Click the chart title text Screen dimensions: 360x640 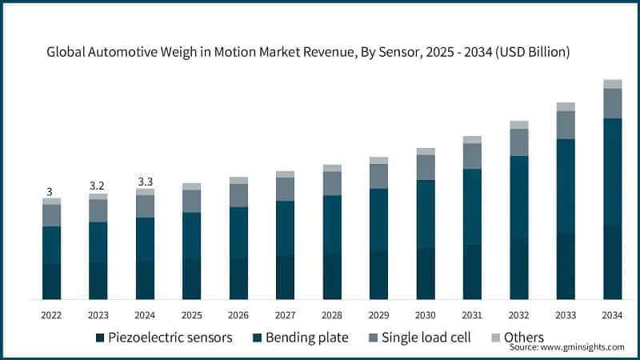click(319, 53)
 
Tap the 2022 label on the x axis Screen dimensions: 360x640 click(52, 314)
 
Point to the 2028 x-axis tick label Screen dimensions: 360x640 click(332, 314)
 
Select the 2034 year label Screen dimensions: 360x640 click(612, 314)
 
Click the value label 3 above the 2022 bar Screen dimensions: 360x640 click(50, 192)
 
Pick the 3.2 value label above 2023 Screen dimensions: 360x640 click(98, 186)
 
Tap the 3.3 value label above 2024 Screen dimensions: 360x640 click(145, 181)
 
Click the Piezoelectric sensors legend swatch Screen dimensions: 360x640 click(100, 338)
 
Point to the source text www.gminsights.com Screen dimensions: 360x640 click(566, 347)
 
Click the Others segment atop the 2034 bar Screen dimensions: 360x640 click(612, 84)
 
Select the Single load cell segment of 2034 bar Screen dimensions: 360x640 click(612, 103)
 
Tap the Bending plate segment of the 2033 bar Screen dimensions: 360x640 click(566, 186)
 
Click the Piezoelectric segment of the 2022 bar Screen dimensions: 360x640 click(52, 282)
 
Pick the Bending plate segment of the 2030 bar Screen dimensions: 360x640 click(426, 214)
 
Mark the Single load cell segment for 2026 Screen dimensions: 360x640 click(238, 196)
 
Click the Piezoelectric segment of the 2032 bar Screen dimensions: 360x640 click(519, 270)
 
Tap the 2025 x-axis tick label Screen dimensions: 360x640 click(192, 314)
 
